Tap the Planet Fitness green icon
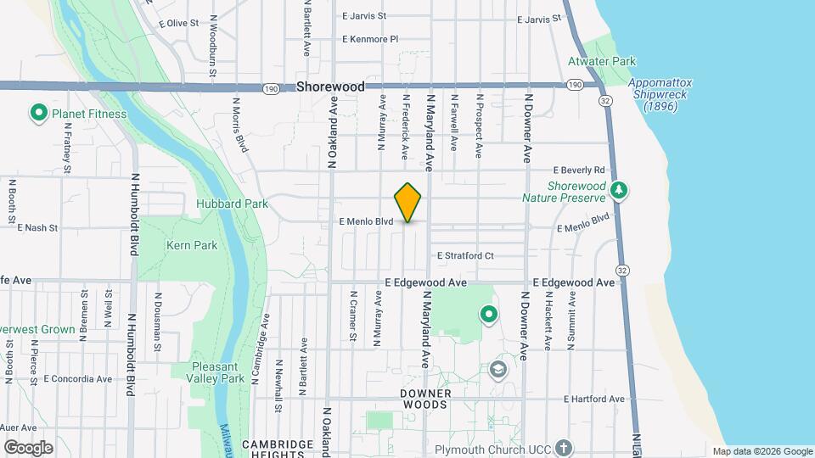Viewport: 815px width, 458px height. pyautogui.click(x=38, y=113)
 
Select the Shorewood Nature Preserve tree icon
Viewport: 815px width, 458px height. pyautogui.click(x=620, y=190)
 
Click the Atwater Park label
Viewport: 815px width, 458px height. pyautogui.click(x=601, y=61)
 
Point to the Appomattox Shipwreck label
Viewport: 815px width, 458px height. pyautogui.click(x=660, y=94)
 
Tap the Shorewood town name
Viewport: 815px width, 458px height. pyautogui.click(x=330, y=87)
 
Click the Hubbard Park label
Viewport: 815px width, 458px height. pyautogui.click(x=232, y=204)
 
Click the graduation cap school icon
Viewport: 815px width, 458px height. pyautogui.click(x=498, y=370)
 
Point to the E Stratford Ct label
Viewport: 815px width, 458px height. pyautogui.click(x=465, y=255)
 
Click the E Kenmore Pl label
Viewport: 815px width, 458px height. pyautogui.click(x=369, y=39)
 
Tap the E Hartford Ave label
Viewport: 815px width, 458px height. pyautogui.click(x=594, y=399)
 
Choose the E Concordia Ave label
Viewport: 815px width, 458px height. pyautogui.click(x=77, y=379)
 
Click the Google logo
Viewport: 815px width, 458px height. pyautogui.click(x=28, y=447)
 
